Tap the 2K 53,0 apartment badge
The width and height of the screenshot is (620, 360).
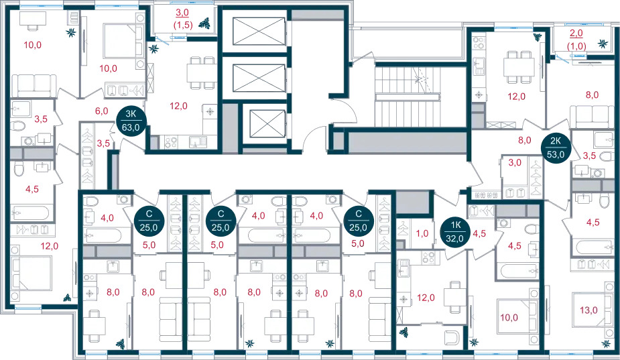click(x=556, y=147)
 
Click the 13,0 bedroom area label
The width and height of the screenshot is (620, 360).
click(x=588, y=310)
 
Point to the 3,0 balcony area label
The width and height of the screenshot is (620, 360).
click(x=182, y=13)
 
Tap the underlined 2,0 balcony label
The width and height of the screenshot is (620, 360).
click(x=576, y=34)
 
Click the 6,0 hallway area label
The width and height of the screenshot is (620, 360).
click(x=102, y=111)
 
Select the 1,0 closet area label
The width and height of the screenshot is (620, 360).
click(x=422, y=233)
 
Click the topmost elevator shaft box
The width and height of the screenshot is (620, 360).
click(x=259, y=32)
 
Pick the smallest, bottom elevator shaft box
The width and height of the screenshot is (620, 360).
click(x=267, y=123)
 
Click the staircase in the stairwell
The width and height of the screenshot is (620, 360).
click(x=408, y=97)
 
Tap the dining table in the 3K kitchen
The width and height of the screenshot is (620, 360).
click(x=201, y=73)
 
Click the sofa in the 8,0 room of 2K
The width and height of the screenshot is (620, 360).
click(x=592, y=117)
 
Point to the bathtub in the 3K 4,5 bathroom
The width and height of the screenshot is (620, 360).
click(x=30, y=213)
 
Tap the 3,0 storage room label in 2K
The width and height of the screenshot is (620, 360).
click(x=515, y=163)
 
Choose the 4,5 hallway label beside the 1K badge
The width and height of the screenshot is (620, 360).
click(x=479, y=233)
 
